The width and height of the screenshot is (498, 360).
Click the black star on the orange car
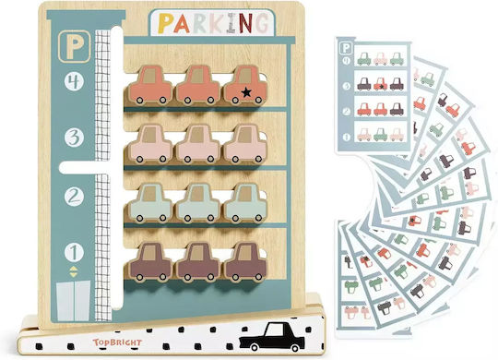pos(246,92)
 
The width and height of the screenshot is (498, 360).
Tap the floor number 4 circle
pos(74,82)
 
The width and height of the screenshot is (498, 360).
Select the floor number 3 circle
pos(74,138)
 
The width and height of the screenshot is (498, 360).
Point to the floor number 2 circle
pos(74,197)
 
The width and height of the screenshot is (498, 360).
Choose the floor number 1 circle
pos(74,252)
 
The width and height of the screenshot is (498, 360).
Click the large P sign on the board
pos(75,46)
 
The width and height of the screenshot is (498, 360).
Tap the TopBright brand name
pos(117,342)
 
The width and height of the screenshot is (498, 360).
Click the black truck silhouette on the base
pos(272,337)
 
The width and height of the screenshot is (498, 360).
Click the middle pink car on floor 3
pos(198,143)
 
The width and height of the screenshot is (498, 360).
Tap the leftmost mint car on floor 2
pos(150,203)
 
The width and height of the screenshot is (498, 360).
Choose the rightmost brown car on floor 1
pos(245,262)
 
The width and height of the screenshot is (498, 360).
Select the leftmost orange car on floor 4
pos(150,85)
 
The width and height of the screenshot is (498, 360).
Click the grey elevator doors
pos(74,301)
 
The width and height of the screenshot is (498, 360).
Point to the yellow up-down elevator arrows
pos(74,272)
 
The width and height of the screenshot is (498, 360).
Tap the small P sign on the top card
pos(346,48)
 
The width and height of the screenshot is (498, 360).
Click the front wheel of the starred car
pos(259,101)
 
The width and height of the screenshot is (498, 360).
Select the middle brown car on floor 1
pos(198,262)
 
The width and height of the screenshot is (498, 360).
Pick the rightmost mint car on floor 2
pos(245,203)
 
